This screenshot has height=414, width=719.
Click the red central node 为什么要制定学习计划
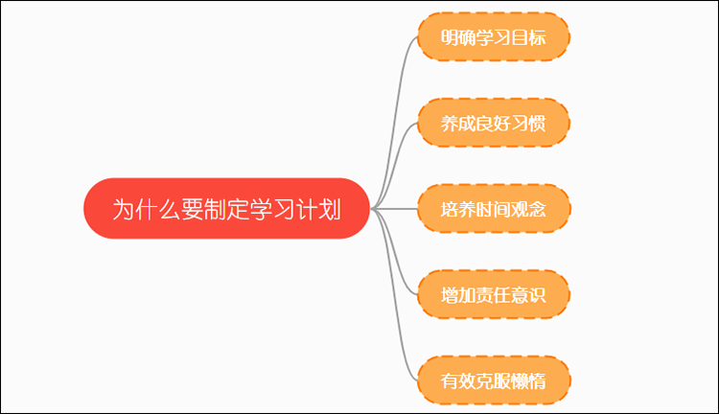coord(226,209)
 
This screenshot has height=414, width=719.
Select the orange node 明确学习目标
coord(494,36)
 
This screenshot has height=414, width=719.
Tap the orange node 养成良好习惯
coord(494,123)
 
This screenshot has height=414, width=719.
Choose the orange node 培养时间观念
coord(494,209)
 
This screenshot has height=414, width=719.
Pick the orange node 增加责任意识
coord(494,294)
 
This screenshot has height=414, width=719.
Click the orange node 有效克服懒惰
coord(494,380)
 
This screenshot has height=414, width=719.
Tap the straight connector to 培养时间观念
coord(394,209)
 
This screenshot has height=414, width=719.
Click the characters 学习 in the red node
coord(272,210)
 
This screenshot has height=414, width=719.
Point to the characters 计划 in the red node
coord(318,210)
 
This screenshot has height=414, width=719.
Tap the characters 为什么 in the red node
coord(147,210)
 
